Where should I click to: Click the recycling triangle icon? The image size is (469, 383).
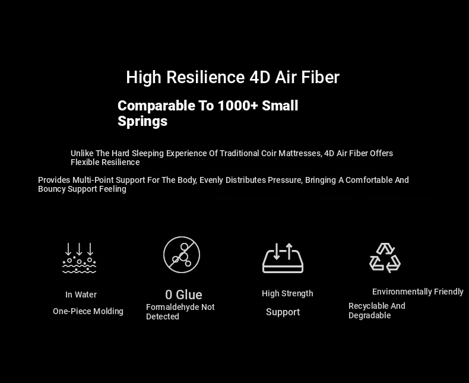pyautogui.click(x=385, y=258)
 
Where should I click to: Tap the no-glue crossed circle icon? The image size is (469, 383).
pyautogui.click(x=182, y=255)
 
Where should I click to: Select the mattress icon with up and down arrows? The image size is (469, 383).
pyautogui.click(x=283, y=258)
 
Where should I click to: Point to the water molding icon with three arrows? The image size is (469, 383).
pyautogui.click(x=80, y=258)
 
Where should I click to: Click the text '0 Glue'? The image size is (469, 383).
pyautogui.click(x=183, y=295)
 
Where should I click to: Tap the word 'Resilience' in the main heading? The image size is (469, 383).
pyautogui.click(x=205, y=77)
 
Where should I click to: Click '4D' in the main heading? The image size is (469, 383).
pyautogui.click(x=260, y=77)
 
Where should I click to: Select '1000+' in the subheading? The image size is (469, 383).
pyautogui.click(x=238, y=106)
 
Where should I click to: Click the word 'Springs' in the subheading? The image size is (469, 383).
pyautogui.click(x=142, y=122)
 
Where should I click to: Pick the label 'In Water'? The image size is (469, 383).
pyautogui.click(x=81, y=295)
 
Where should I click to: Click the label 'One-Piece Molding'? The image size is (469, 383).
pyautogui.click(x=88, y=311)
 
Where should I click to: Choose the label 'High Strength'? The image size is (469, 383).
pyautogui.click(x=287, y=293)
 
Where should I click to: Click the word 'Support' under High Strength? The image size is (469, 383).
pyautogui.click(x=283, y=312)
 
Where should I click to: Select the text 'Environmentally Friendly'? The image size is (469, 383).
pyautogui.click(x=418, y=292)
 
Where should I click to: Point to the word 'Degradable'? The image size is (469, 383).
pyautogui.click(x=370, y=315)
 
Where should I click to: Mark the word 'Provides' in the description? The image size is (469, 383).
pyautogui.click(x=54, y=180)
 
